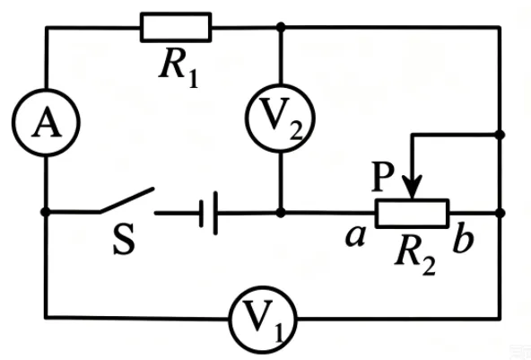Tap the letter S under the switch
point(124,238)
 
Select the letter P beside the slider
point(383,177)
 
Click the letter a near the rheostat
point(355,235)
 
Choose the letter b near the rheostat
point(464,237)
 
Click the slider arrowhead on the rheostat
point(412,188)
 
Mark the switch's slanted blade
point(126,200)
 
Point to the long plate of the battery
point(215,213)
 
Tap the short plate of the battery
point(202,214)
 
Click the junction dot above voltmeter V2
point(281,27)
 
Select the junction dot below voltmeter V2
point(281,213)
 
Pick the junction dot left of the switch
point(46,212)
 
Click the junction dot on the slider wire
point(501,135)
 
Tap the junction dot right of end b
point(501,214)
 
